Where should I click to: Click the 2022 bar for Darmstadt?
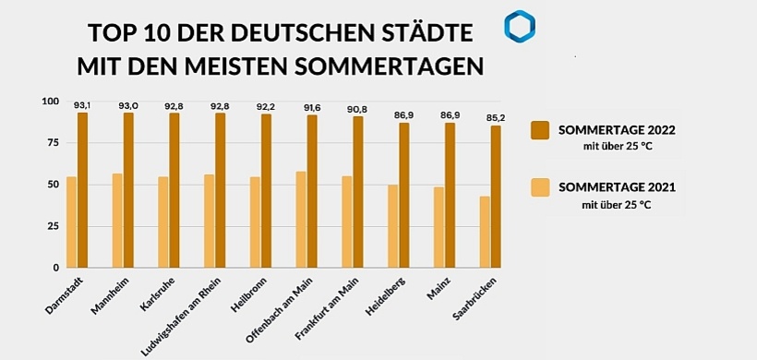point(83,190)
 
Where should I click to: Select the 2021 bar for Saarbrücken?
point(485,232)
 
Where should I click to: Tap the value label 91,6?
point(312,108)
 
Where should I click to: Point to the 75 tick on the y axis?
point(50,143)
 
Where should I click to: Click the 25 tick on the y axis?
point(50,226)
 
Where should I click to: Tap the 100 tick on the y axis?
point(48,102)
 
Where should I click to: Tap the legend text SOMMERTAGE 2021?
point(617,187)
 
